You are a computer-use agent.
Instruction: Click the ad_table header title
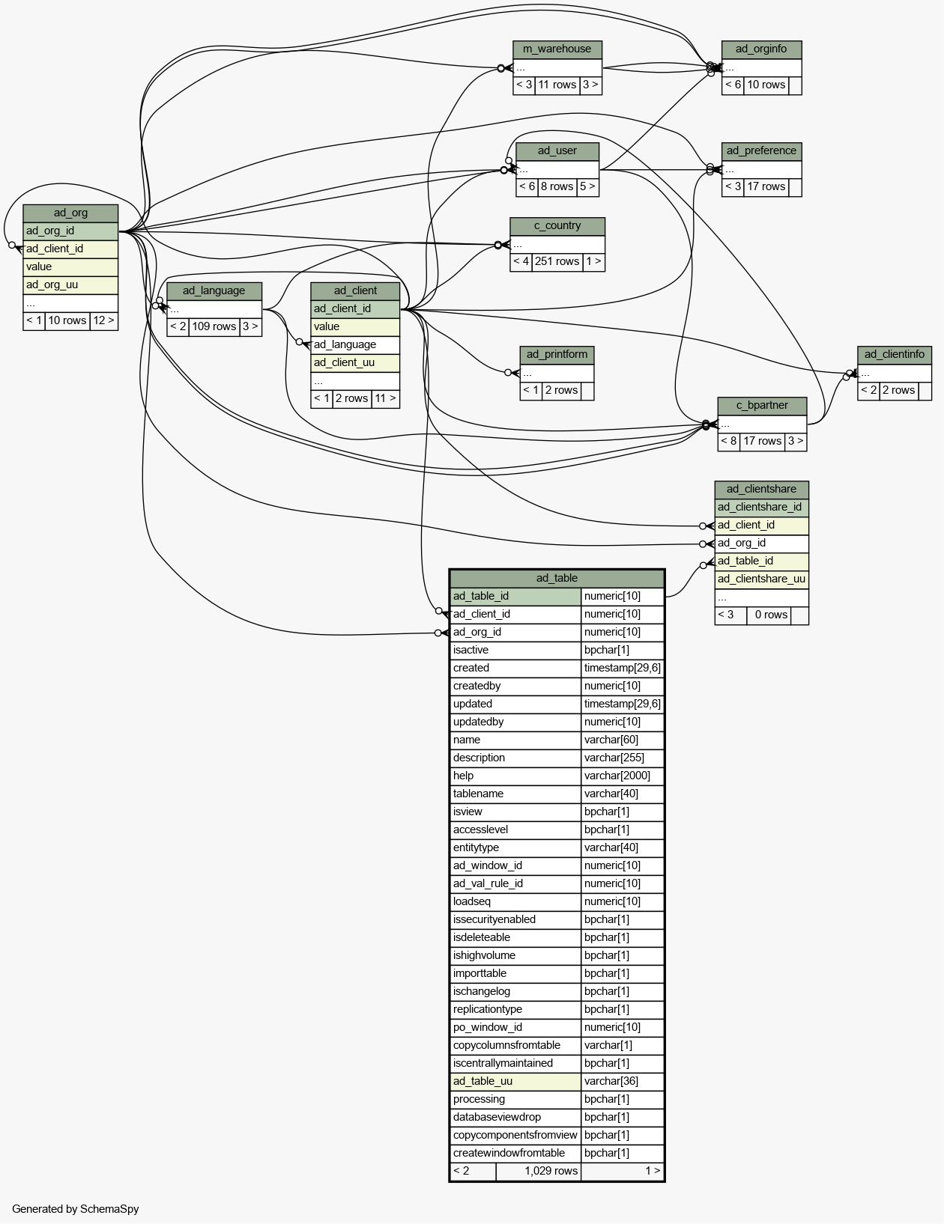pyautogui.click(x=557, y=578)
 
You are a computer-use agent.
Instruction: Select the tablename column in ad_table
pyautogui.click(x=479, y=794)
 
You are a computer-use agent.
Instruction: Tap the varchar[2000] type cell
pyautogui.click(x=617, y=776)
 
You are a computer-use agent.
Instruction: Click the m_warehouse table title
pyautogui.click(x=557, y=49)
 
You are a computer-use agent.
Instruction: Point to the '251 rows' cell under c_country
pyautogui.click(x=557, y=261)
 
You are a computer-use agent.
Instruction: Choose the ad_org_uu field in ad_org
pyautogui.click(x=52, y=284)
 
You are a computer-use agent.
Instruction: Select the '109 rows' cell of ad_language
pyautogui.click(x=214, y=326)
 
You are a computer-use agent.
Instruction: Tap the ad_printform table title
pyautogui.click(x=557, y=354)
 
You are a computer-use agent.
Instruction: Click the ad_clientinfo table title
pyautogui.click(x=895, y=354)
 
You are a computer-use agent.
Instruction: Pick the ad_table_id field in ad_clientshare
pyautogui.click(x=745, y=561)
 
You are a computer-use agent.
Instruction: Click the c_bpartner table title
pyautogui.click(x=762, y=406)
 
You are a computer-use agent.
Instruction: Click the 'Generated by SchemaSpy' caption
pyautogui.click(x=76, y=1209)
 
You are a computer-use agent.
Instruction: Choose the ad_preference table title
pyautogui.click(x=761, y=151)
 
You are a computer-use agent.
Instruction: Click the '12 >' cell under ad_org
pyautogui.click(x=103, y=320)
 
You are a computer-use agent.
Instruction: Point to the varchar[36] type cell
pyautogui.click(x=608, y=1081)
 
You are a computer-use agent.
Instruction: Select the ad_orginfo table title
pyautogui.click(x=761, y=49)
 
